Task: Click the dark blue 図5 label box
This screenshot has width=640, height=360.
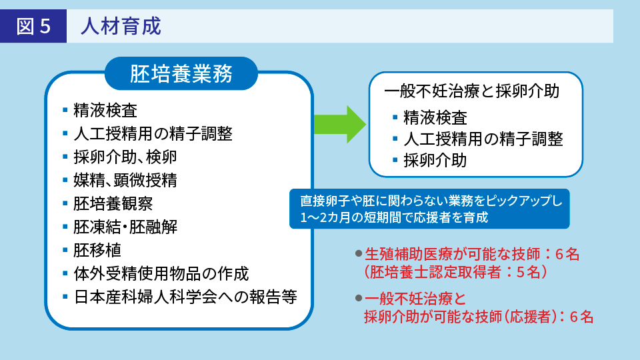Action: click(33, 27)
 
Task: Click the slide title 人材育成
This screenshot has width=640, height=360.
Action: click(121, 27)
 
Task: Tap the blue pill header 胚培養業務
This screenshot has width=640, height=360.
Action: click(181, 74)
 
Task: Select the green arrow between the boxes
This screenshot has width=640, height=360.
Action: click(339, 124)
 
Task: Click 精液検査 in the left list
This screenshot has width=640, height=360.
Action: click(105, 109)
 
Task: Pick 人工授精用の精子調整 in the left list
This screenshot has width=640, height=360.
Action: click(153, 133)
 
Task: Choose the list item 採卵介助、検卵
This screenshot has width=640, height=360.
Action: click(125, 156)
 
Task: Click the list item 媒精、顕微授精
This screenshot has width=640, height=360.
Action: click(125, 179)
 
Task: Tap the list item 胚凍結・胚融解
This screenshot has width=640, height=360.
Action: click(125, 226)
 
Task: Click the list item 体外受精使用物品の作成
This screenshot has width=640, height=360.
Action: click(161, 273)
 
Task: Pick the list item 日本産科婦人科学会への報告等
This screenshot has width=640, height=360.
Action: click(185, 297)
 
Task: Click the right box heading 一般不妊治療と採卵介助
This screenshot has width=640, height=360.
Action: click(471, 91)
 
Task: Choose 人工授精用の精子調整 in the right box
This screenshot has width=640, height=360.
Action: click(483, 139)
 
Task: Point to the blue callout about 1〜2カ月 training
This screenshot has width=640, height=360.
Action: click(429, 209)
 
